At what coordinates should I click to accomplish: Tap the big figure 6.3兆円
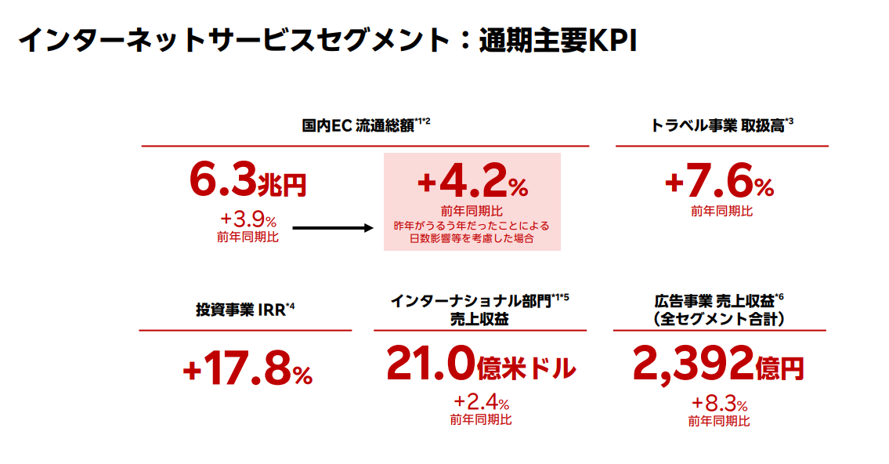[x=248, y=180]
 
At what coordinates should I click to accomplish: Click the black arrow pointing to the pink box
[x=324, y=229]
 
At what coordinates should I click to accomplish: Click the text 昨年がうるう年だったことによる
[x=472, y=226]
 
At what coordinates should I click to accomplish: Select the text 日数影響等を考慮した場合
[x=472, y=239]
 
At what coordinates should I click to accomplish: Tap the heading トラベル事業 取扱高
[x=717, y=125]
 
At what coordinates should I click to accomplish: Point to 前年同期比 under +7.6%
[x=721, y=211]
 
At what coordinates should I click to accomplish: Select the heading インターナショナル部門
[x=472, y=301]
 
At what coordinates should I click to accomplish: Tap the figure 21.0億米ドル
[x=481, y=365]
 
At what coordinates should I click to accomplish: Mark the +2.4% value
[x=481, y=404]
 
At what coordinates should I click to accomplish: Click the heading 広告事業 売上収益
[x=714, y=301]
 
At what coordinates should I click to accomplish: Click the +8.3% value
[x=719, y=404]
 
